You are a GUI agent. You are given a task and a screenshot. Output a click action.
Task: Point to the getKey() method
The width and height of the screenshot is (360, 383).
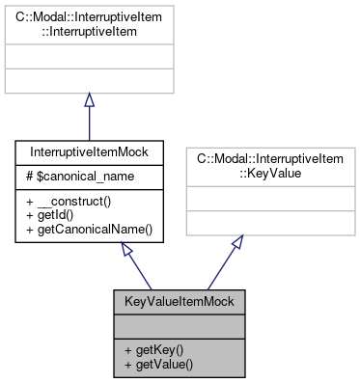pyautogui.click(x=154, y=348)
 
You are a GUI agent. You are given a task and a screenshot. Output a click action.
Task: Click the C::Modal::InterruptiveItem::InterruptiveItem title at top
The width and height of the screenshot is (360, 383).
pyautogui.click(x=89, y=24)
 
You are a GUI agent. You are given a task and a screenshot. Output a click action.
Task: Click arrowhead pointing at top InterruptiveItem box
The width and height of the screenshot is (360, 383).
pyautogui.click(x=89, y=100)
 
